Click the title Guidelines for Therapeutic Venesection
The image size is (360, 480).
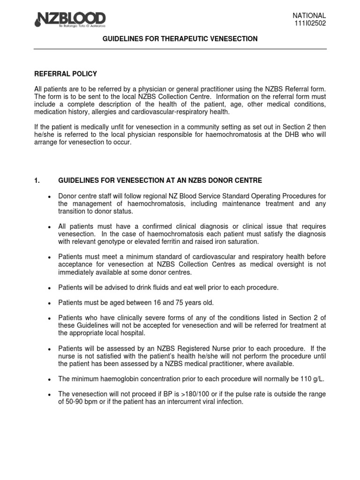click(x=180, y=39)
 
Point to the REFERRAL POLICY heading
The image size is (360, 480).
click(x=66, y=74)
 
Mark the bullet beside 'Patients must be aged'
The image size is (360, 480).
click(x=49, y=303)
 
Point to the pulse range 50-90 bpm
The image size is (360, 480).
click(x=84, y=402)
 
